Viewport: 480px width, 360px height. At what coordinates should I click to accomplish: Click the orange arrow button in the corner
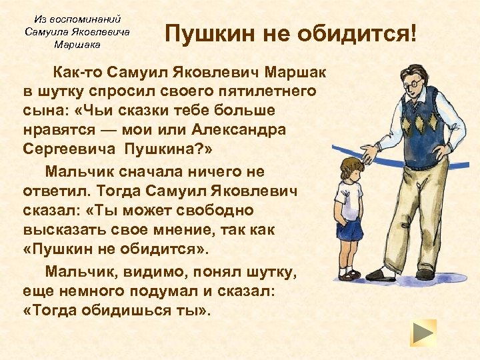click(x=423, y=332)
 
